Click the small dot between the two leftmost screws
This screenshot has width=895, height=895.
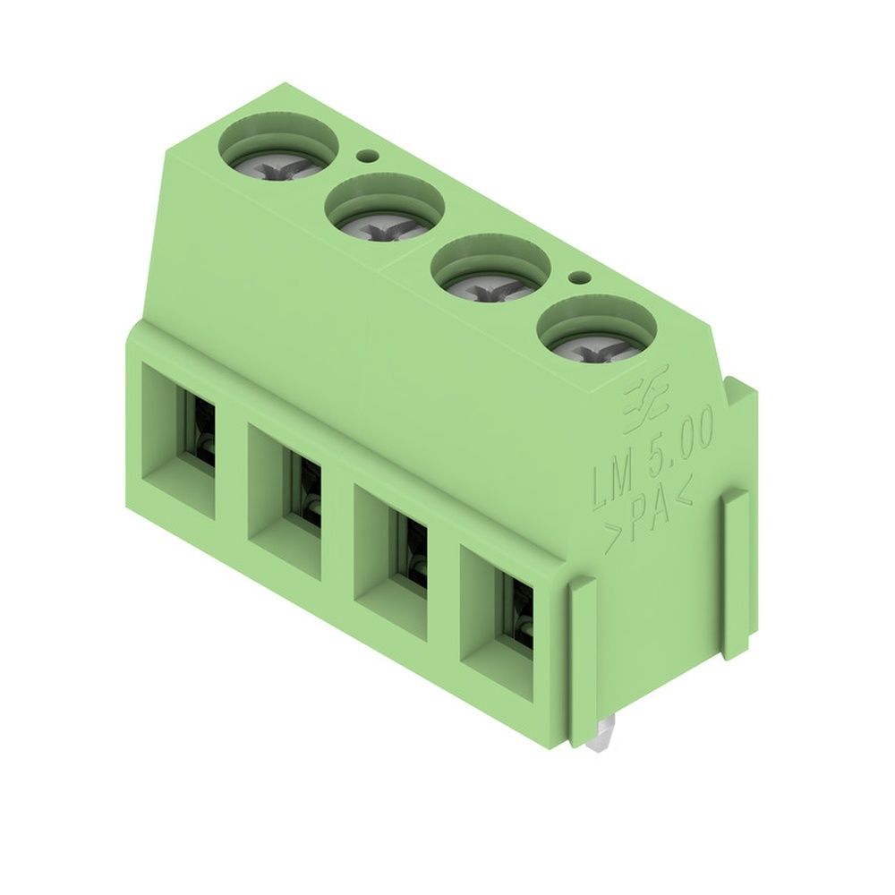(x=363, y=156)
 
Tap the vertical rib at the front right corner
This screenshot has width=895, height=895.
(x=583, y=662)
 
